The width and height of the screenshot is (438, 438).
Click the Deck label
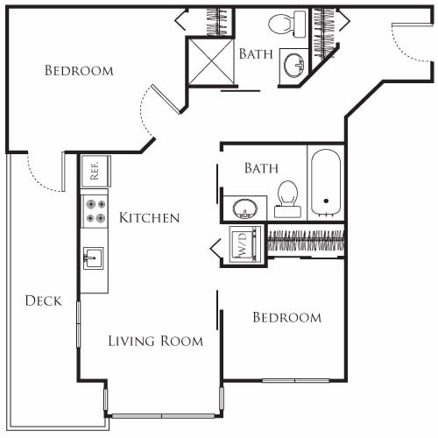[43, 300]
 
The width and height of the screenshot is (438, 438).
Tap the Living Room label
[156, 341]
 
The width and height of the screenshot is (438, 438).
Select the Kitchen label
[150, 218]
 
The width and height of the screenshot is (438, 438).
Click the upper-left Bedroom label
[79, 70]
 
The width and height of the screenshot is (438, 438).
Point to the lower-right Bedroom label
[286, 317]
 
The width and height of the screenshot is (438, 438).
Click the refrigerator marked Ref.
[95, 170]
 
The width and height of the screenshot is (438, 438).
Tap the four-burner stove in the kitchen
[95, 210]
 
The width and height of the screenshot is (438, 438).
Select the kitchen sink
[94, 258]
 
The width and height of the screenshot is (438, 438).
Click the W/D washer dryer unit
[242, 244]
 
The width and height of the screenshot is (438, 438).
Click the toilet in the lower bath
[287, 197]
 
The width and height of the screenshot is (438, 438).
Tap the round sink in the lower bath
[244, 208]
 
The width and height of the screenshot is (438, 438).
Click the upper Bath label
[256, 53]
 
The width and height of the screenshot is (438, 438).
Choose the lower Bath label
[261, 167]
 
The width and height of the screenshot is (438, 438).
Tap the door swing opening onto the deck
[44, 175]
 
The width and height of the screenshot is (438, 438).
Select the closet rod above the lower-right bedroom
[304, 241]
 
